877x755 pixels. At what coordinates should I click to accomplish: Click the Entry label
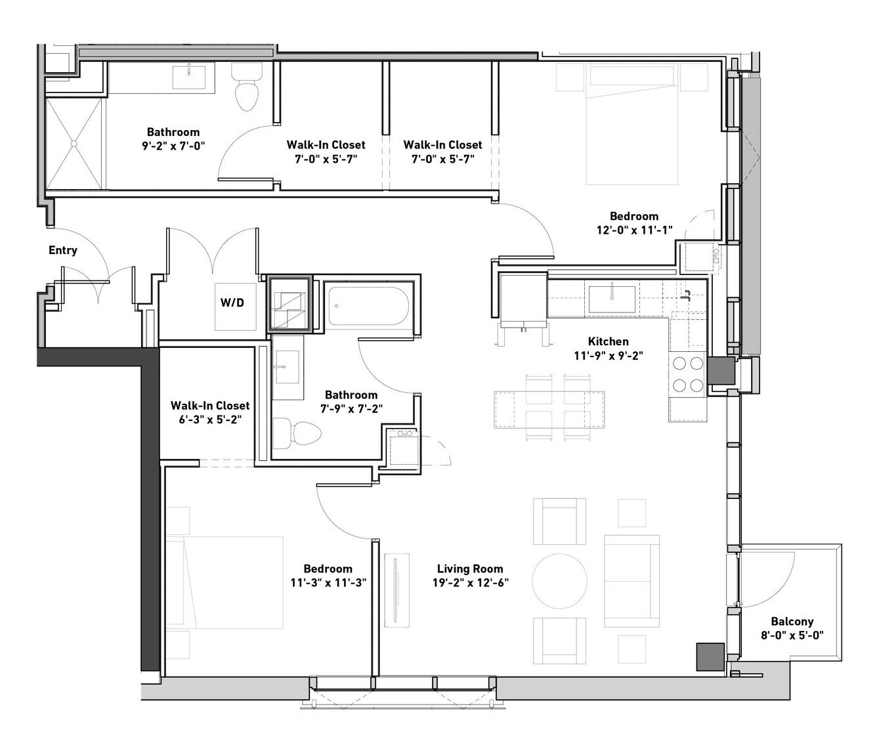point(63,250)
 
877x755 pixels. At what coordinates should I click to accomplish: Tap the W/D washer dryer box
point(236,307)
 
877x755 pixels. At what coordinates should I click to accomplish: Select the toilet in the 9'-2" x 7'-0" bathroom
point(247,87)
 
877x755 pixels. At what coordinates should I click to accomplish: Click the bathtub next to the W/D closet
point(368,306)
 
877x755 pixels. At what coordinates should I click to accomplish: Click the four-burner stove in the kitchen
point(688,374)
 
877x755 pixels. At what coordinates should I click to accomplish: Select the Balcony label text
point(792,622)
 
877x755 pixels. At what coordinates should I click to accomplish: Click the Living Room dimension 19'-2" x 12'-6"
point(471,583)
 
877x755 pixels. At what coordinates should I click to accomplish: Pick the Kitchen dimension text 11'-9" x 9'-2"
point(609,356)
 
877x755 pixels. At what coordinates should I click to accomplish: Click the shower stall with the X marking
point(74,143)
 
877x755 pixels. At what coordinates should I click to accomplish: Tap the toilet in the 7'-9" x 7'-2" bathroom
point(297,433)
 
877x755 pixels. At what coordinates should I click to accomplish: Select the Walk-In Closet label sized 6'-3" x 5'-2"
point(210,412)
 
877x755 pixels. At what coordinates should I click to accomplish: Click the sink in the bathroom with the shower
point(189,77)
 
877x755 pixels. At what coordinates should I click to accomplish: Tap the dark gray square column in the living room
point(710,657)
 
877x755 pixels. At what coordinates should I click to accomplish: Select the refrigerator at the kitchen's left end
point(523,301)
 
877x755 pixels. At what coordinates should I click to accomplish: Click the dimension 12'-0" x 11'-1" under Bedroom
point(634,230)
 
